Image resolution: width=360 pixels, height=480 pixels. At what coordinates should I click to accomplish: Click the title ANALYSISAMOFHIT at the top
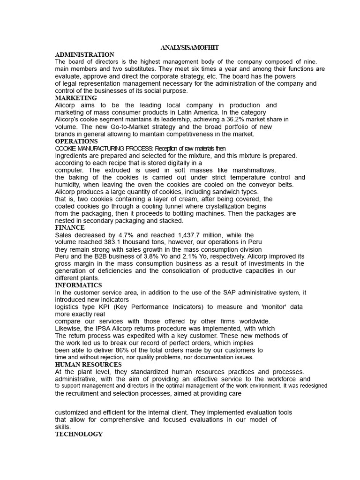click(189, 48)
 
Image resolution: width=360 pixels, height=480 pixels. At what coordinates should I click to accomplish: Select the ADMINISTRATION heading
click(84, 55)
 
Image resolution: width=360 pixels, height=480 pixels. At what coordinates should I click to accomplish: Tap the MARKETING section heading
click(76, 98)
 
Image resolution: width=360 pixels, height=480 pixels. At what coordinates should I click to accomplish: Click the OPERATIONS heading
click(76, 141)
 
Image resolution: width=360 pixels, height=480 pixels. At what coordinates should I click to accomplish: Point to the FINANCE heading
click(70, 228)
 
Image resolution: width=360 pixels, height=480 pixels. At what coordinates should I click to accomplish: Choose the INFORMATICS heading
click(78, 285)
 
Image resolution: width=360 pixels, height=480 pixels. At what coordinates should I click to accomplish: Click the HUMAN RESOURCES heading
click(88, 365)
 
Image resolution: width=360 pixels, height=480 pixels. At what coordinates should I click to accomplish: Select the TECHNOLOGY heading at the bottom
click(79, 434)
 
